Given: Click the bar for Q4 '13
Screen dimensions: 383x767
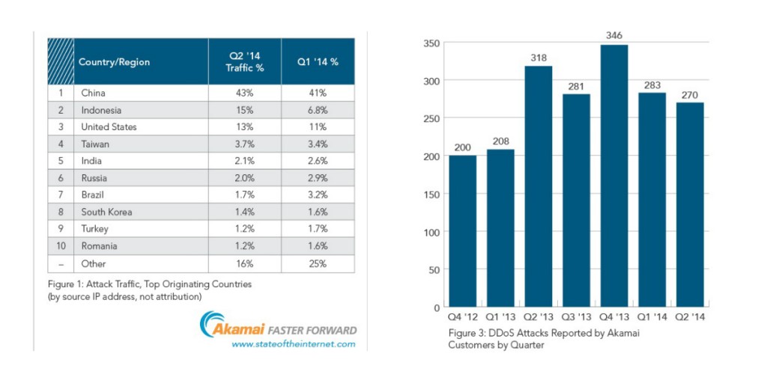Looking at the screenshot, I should [x=614, y=176].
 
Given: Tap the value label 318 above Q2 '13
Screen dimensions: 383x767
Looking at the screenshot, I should [x=539, y=57].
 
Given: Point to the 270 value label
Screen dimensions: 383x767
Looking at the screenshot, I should [x=690, y=94].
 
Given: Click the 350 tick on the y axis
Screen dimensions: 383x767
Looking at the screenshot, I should [x=430, y=43].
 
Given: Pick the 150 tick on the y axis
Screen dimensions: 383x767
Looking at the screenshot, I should [x=430, y=194].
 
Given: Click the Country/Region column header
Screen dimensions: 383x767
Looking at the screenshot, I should [x=115, y=61].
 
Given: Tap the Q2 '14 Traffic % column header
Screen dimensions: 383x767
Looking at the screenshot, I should [x=245, y=61].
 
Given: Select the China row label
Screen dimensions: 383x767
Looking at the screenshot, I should [x=94, y=93].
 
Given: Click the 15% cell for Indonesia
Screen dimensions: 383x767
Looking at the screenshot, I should [x=245, y=110].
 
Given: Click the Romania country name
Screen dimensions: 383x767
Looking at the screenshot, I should [x=99, y=246].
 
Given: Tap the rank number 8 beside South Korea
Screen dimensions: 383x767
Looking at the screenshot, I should [x=61, y=212].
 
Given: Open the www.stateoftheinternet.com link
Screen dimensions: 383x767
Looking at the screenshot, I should [x=293, y=344].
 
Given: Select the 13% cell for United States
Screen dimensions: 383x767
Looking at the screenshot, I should [x=245, y=127].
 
